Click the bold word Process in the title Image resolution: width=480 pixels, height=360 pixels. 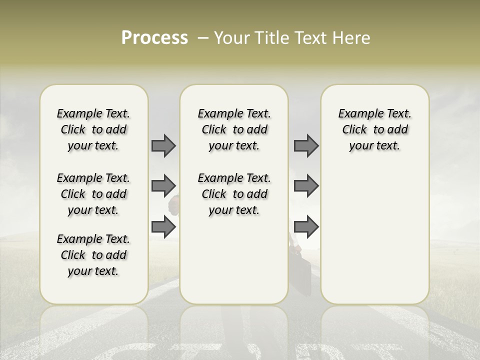pos(154,38)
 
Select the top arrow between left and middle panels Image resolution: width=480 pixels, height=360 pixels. pos(163,145)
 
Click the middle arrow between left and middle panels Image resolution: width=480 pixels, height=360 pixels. pos(163,186)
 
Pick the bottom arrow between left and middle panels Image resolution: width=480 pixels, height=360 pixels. pos(163,227)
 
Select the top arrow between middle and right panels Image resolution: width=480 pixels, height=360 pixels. pos(306,145)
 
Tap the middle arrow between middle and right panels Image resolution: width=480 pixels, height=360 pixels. pos(306,186)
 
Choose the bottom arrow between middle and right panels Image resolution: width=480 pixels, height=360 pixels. pos(306,227)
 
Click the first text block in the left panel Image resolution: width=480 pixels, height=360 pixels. pos(93,129)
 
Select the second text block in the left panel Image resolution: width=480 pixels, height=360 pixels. pos(93,194)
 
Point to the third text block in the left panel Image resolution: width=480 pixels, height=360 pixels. pos(93,255)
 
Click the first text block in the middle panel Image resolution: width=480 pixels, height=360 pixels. pos(234,129)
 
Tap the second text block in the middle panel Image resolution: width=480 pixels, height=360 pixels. pos(234,194)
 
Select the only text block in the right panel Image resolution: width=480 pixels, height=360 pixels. pos(374,129)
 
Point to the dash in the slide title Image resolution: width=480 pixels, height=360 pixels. pos(203,38)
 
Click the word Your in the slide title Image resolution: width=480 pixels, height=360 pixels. pos(232,38)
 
